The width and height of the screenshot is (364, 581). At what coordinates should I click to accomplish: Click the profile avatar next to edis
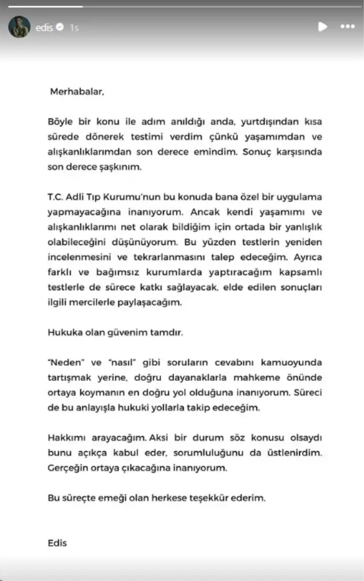(19, 27)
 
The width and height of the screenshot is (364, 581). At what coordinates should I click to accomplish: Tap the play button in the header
(322, 27)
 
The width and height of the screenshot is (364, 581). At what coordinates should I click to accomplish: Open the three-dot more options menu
(348, 27)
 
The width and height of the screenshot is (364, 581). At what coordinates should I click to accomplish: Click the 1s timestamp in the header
(75, 27)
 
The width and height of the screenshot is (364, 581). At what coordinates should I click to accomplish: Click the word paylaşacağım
(155, 302)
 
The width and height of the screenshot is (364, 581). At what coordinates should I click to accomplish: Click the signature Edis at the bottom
(57, 543)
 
